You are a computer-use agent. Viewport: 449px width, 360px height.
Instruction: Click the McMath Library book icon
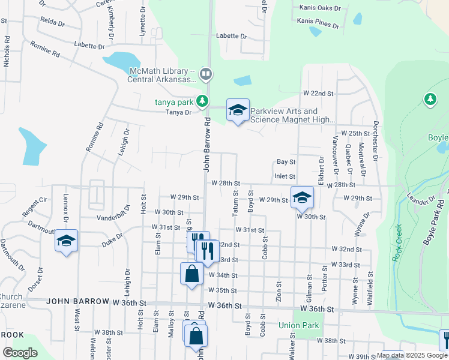(206, 74)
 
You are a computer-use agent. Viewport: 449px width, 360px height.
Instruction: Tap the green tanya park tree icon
(203, 100)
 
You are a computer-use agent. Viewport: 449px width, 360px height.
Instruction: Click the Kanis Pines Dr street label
(318, 23)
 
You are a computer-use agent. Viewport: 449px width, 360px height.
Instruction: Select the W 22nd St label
(318, 94)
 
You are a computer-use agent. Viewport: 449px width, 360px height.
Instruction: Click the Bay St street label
(286, 162)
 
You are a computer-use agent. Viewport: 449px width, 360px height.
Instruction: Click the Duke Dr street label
(112, 239)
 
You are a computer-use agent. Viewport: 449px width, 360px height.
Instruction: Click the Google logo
(20, 352)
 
